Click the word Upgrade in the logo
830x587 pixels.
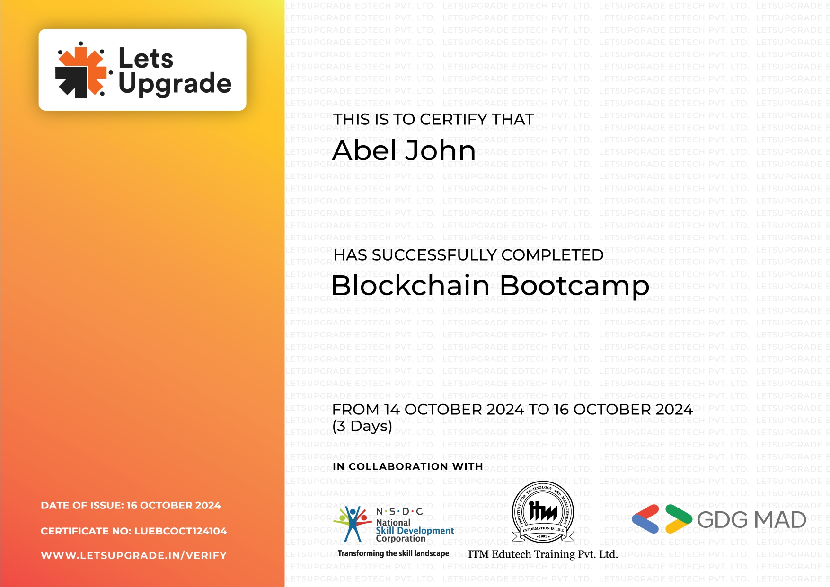click(175, 84)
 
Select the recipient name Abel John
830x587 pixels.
click(404, 150)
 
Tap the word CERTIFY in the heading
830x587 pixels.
click(453, 120)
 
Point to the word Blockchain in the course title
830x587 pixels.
click(410, 286)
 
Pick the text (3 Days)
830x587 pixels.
click(362, 426)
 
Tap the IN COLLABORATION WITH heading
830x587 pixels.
click(407, 466)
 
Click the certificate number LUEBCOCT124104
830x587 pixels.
click(180, 531)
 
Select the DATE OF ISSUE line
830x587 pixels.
click(131, 505)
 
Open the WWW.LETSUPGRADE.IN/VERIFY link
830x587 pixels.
click(133, 555)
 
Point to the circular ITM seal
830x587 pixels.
click(543, 512)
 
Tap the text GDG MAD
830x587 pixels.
click(751, 520)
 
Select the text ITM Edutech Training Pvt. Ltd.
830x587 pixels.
click(543, 554)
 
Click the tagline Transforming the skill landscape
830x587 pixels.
click(393, 553)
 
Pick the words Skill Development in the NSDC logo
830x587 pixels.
click(415, 531)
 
